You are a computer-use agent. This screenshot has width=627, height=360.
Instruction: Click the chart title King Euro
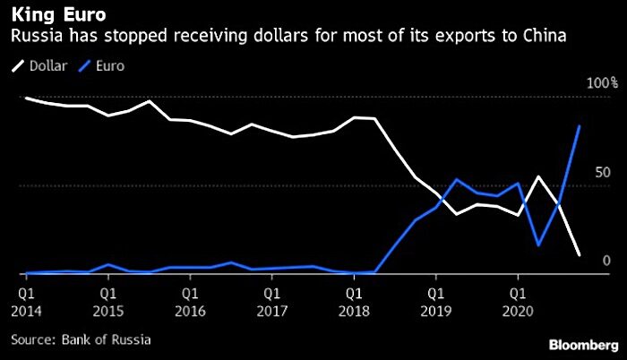[x=59, y=15]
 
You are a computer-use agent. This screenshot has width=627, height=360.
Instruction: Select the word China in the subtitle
[x=545, y=36]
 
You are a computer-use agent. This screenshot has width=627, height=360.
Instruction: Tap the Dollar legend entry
[x=39, y=66]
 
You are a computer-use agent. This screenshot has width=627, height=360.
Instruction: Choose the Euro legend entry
[x=101, y=66]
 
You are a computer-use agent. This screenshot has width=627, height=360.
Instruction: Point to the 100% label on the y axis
[x=602, y=83]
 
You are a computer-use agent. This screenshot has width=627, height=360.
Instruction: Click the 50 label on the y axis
[x=603, y=173]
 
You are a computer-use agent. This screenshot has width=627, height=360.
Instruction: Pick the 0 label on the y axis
[x=606, y=261]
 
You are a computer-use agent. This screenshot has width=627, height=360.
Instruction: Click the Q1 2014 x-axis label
[x=26, y=303]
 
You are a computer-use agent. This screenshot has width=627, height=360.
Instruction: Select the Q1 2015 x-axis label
[x=108, y=303]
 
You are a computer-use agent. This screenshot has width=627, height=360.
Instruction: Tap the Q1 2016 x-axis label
[x=190, y=303]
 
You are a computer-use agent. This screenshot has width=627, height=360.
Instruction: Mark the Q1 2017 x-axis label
[x=272, y=303]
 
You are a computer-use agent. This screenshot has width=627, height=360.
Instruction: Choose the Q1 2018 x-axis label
[x=354, y=303]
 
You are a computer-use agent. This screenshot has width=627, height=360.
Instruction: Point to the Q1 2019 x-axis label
[x=436, y=303]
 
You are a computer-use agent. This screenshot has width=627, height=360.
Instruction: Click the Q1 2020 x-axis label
[x=518, y=303]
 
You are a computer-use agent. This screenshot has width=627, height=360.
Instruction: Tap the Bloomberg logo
[x=584, y=345]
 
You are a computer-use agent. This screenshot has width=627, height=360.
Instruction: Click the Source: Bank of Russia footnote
[x=81, y=339]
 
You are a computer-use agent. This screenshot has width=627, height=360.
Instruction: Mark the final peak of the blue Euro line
[x=580, y=125]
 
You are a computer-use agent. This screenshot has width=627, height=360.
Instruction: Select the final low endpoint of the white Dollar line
[x=580, y=255]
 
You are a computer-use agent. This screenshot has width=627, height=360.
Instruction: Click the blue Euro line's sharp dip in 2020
[x=538, y=244]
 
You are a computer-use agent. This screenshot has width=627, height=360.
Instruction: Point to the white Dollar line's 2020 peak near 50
[x=538, y=176]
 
